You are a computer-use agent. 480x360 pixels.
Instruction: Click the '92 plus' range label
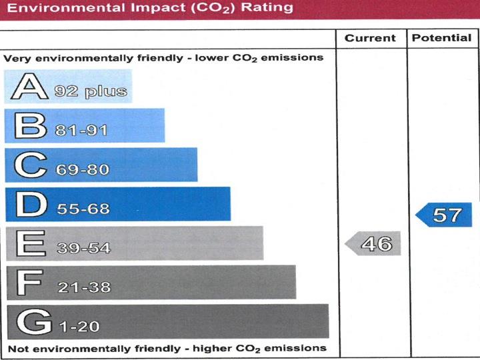(91, 91)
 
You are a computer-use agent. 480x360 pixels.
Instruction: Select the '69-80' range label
(83, 169)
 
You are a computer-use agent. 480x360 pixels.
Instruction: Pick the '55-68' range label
(83, 209)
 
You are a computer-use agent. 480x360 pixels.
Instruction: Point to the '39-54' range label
(83, 248)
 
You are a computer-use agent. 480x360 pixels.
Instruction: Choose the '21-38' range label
(83, 287)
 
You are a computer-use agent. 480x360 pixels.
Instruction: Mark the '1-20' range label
(79, 327)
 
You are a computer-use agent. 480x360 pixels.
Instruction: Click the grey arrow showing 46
(373, 244)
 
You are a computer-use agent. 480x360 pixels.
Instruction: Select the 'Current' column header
(370, 38)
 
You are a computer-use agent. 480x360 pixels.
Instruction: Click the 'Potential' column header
(441, 38)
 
